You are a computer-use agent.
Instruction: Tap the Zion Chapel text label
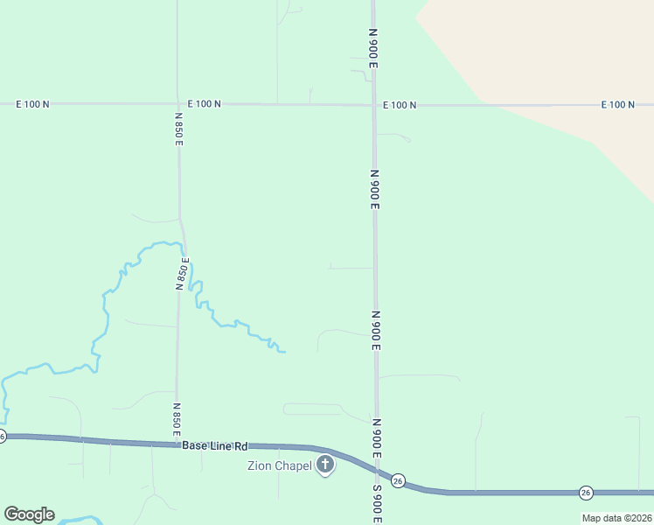279,465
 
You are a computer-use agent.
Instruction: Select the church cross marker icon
325,465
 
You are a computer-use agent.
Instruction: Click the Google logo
29,514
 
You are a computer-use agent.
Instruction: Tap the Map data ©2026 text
616,518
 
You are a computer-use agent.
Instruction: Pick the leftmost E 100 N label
32,104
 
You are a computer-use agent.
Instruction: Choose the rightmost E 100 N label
617,105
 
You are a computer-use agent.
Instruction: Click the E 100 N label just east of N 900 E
400,105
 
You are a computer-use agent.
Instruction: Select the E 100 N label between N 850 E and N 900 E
204,104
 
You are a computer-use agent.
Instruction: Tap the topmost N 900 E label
372,48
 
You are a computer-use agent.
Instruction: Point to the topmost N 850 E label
178,129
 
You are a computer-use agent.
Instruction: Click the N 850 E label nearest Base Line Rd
177,420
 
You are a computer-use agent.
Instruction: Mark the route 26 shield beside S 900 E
399,480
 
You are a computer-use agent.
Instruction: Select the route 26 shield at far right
586,493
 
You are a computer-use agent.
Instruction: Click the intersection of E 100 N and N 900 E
373,105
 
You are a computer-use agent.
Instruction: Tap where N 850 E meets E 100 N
178,104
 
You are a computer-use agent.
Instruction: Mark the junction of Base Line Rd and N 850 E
177,444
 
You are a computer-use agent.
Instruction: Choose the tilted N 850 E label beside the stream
183,272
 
